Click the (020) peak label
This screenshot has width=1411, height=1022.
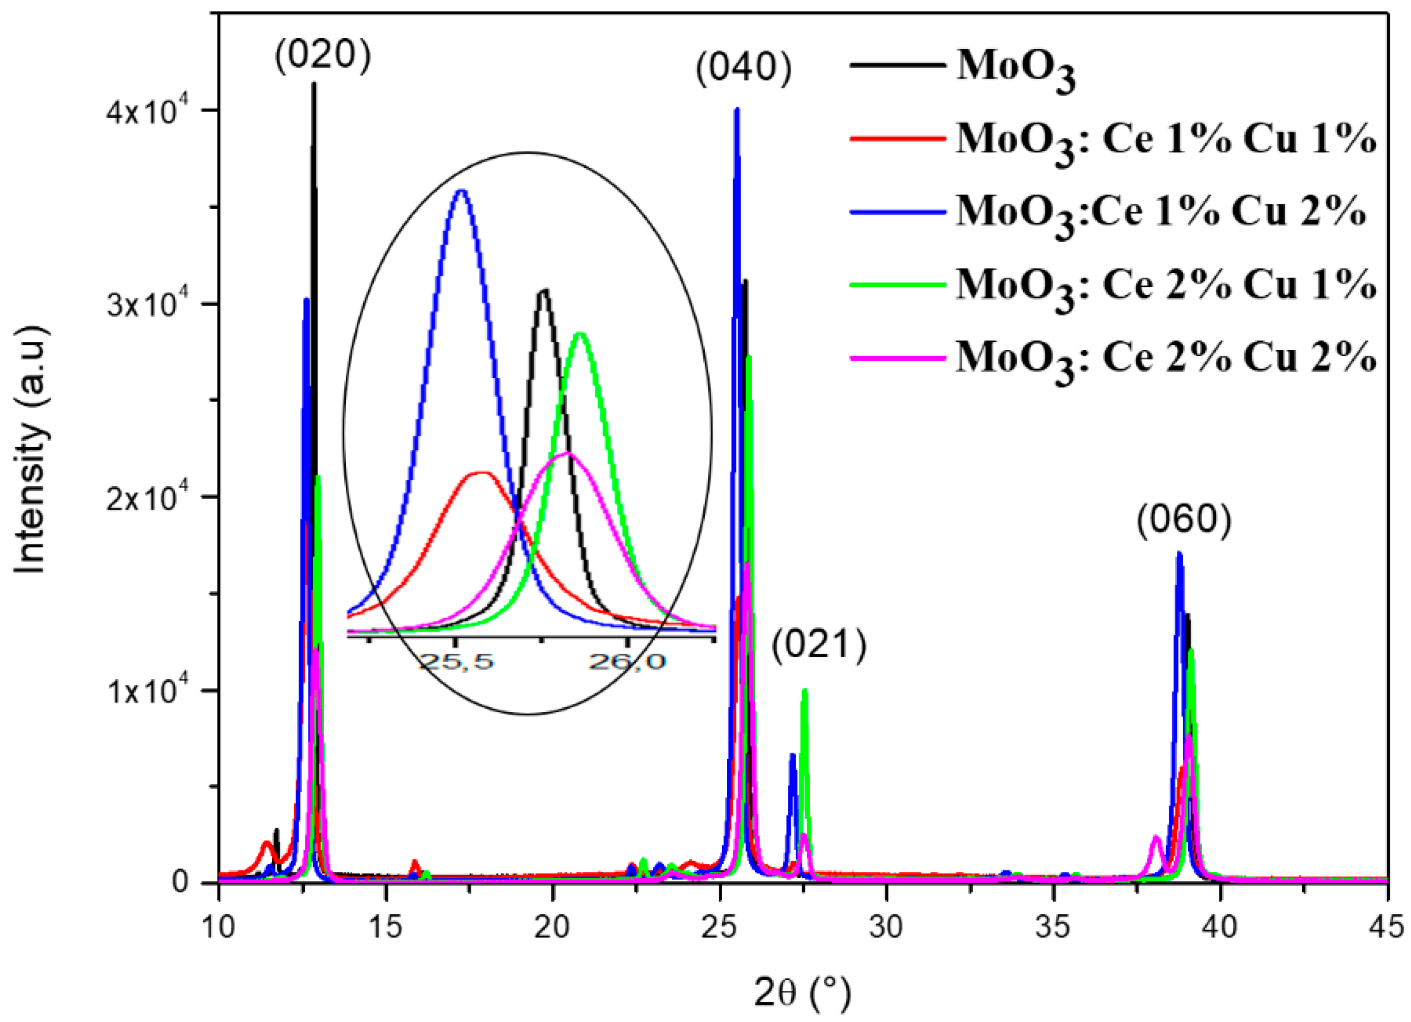click(x=322, y=56)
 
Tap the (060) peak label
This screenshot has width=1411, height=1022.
click(x=1184, y=520)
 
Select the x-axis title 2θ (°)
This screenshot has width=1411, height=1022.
click(x=802, y=993)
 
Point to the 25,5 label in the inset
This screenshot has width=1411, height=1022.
click(x=456, y=661)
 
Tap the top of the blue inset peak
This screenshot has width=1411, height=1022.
click(x=461, y=191)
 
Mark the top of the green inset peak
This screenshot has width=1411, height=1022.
click(x=580, y=334)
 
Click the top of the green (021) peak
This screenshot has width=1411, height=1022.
click(x=804, y=690)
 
